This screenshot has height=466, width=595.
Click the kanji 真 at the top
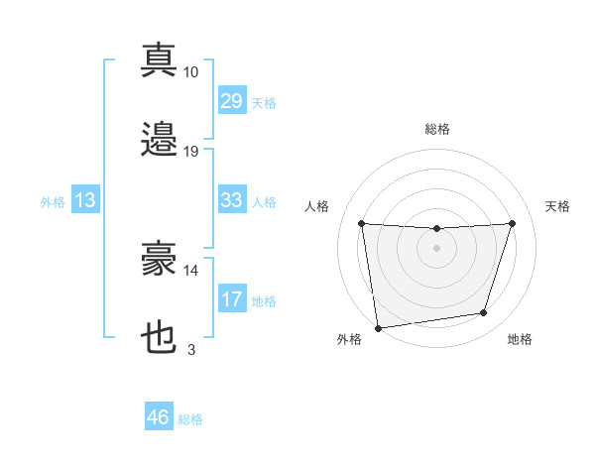[x=159, y=59]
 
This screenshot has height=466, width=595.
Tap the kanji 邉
[x=159, y=139]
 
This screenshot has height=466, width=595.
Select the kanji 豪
[x=159, y=260]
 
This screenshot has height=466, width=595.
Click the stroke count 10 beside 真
[x=191, y=71]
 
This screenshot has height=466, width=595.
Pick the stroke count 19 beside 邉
[x=191, y=152]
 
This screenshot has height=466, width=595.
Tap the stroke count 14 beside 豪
[x=191, y=270]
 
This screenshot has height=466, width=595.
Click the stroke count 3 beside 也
[x=191, y=349]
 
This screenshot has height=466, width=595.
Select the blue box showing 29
[x=231, y=101]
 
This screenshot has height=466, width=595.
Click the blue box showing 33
[x=231, y=201]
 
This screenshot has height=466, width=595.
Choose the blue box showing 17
[x=231, y=299]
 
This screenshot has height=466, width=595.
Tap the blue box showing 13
[x=85, y=201]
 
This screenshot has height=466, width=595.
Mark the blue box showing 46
[x=159, y=418]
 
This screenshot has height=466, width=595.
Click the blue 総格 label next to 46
[x=190, y=419]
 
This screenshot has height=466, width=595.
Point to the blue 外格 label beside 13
[x=53, y=202]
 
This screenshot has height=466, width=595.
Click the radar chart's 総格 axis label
[x=436, y=129]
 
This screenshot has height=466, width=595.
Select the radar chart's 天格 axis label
[x=558, y=206]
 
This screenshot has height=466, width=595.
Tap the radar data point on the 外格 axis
[x=378, y=327]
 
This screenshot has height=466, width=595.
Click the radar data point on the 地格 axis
[x=484, y=313]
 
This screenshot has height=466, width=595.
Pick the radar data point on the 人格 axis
[x=361, y=223]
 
